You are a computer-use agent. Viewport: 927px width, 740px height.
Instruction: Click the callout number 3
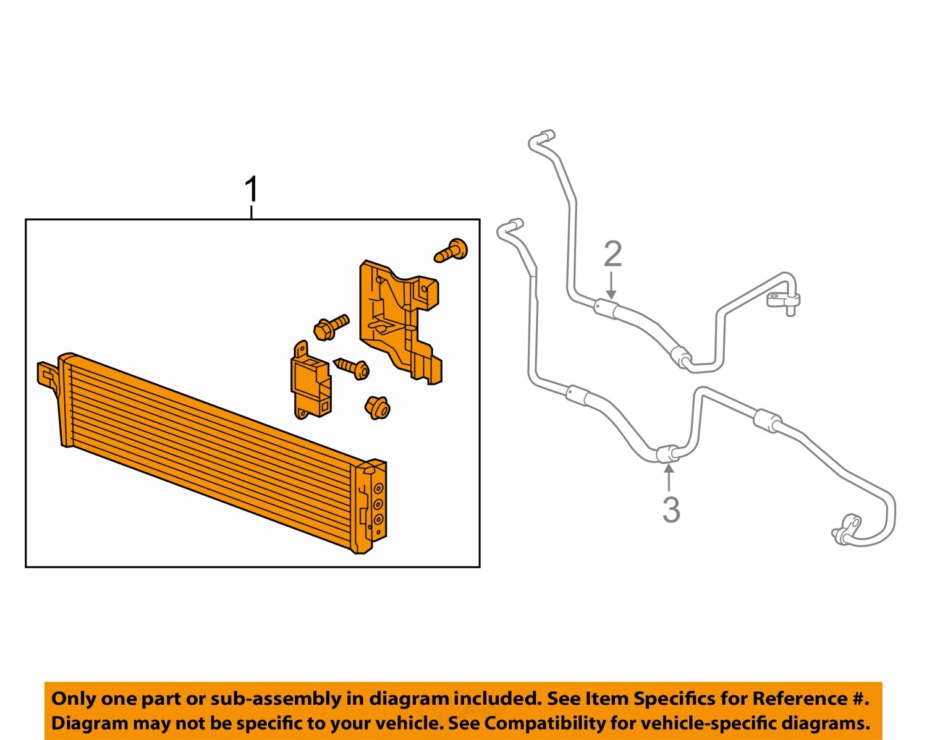(x=671, y=510)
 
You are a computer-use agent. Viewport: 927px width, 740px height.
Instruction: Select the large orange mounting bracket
(x=400, y=321)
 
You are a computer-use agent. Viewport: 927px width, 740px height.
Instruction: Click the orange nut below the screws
(x=378, y=408)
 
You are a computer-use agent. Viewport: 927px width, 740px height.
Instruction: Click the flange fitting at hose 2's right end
(x=783, y=301)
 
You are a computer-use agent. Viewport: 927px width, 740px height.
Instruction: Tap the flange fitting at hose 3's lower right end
(x=846, y=528)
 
